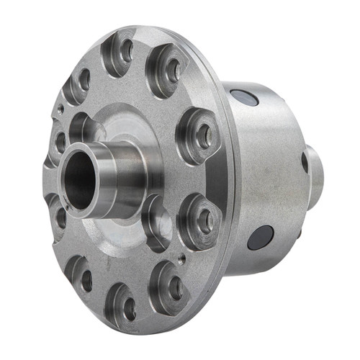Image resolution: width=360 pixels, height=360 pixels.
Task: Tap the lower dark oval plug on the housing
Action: [x=259, y=238]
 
